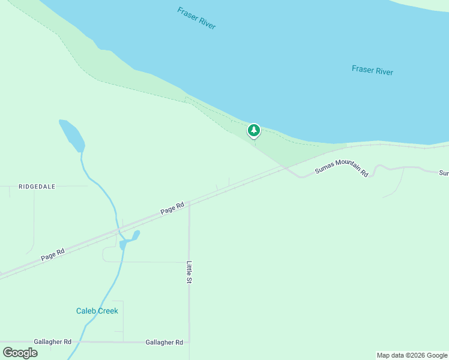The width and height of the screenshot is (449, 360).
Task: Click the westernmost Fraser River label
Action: pos(196,19)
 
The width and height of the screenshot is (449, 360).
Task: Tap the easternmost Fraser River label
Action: pos(372,71)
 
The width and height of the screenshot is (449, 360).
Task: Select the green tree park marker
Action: pos(254,130)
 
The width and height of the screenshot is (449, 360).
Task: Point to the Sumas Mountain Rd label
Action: pos(342,167)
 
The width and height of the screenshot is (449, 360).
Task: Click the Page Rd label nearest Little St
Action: pos(172,209)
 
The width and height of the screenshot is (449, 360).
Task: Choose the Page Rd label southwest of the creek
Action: pos(52,254)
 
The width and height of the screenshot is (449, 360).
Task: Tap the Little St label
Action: pos(189,272)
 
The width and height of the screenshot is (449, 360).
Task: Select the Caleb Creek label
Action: pos(97,311)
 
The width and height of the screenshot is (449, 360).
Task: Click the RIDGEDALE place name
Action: pos(37,187)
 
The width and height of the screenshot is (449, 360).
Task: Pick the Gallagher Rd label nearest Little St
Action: pos(164,342)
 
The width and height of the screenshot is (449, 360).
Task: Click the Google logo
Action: pos(20,352)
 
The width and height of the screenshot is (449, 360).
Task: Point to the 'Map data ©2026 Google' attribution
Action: pos(412,355)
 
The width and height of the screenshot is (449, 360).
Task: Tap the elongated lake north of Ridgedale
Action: pos(72,135)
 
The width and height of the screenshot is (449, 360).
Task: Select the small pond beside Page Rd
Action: pos(130,239)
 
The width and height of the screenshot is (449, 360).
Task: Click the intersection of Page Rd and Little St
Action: pos(189,202)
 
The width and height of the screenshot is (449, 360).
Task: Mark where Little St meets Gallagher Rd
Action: pos(189,342)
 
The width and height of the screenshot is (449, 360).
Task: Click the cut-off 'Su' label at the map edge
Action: pos(444,173)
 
